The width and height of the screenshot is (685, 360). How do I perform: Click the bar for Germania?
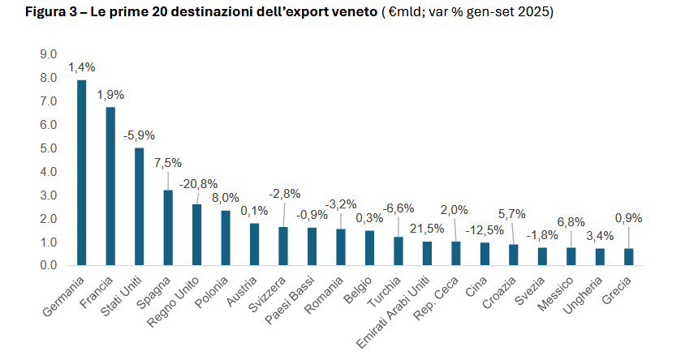pos(81,173)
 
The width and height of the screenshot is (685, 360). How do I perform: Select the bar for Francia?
pos(110,186)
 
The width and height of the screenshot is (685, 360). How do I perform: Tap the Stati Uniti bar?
pos(139,207)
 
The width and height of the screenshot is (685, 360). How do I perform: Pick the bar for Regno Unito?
pos(196,234)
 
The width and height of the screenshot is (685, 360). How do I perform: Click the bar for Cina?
pos(485,254)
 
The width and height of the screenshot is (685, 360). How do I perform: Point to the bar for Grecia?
pos(628,257)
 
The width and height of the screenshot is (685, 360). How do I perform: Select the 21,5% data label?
pos(427,229)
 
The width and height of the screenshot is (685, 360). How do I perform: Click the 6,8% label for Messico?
pos(571,221)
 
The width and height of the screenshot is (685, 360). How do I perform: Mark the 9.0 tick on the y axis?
pos(48,54)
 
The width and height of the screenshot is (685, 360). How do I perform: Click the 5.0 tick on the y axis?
pos(48,148)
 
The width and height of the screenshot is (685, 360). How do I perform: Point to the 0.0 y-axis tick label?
pos(48,266)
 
